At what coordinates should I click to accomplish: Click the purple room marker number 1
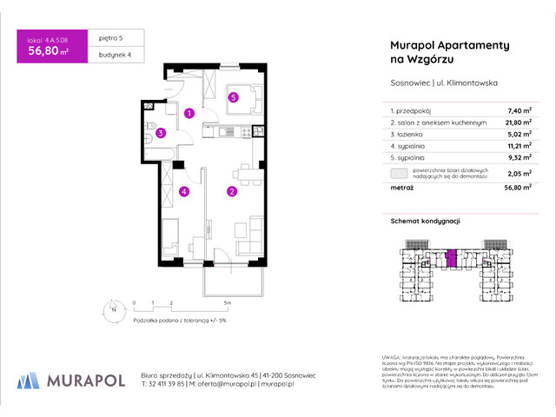tap(189, 113)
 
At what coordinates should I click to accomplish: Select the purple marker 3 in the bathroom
tap(161, 133)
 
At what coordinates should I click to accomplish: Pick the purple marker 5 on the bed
tap(234, 97)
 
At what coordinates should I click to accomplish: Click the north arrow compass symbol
tap(113, 308)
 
